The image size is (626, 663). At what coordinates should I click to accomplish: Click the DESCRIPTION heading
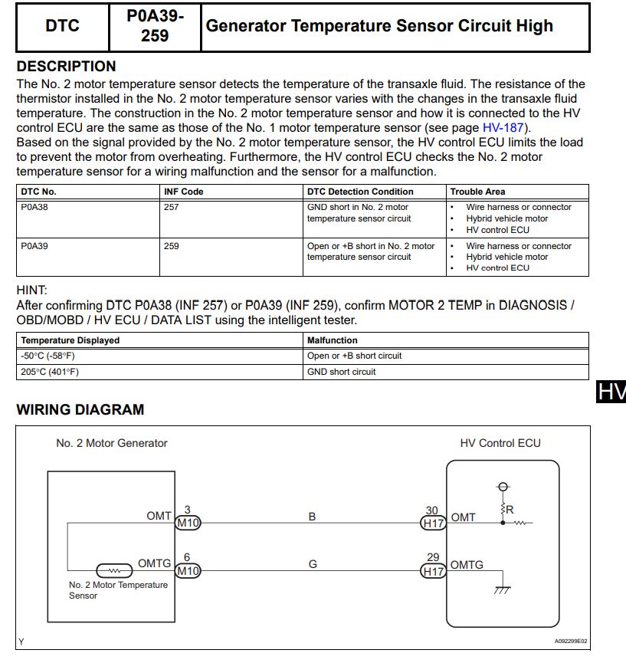66,66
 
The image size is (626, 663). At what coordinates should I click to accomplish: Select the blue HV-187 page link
506,128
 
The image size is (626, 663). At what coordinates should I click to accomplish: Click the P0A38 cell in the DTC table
34,207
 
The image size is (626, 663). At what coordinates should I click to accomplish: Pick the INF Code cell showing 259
172,246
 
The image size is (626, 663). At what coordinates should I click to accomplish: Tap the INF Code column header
184,192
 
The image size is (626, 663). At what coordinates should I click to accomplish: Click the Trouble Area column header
477,192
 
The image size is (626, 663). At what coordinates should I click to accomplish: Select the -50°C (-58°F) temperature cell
48,356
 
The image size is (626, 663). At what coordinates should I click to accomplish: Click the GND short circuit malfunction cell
342,372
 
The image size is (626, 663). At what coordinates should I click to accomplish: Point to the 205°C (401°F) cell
50,372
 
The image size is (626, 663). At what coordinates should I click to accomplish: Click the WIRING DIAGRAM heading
80,409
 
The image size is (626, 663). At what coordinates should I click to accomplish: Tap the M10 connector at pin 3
188,524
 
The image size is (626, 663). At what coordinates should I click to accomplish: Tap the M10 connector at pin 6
188,571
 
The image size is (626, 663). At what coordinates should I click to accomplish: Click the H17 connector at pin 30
433,524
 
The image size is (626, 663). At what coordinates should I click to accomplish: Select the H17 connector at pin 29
433,571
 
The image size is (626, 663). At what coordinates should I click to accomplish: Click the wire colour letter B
312,517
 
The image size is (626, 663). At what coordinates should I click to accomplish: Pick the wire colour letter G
313,564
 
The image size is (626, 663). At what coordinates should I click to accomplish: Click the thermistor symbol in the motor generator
113,571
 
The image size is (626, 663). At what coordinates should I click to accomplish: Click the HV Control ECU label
500,443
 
